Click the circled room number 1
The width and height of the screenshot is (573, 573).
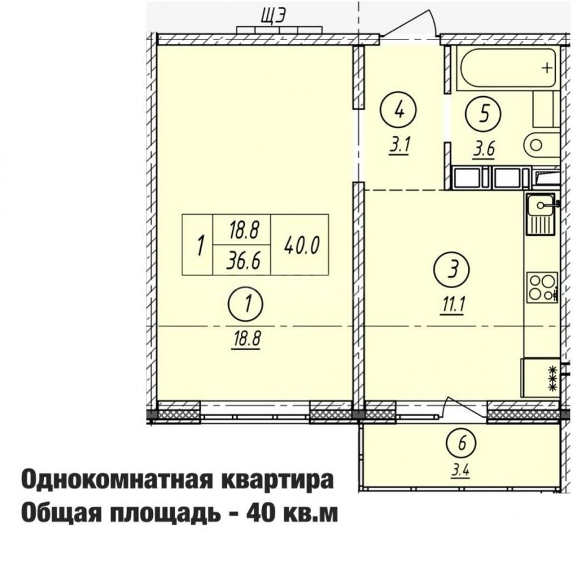click(245, 304)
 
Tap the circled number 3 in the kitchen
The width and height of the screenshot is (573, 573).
click(452, 270)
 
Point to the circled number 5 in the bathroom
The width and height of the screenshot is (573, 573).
click(483, 113)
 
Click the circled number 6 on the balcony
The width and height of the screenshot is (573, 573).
click(461, 444)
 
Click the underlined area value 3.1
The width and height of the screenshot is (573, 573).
click(400, 146)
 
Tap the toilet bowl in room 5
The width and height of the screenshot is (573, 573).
click(542, 145)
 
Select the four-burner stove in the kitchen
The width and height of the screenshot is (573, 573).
click(542, 287)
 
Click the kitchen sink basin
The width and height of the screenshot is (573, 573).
click(540, 205)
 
